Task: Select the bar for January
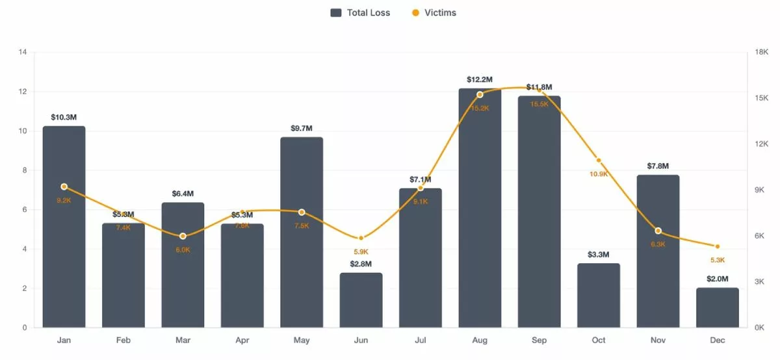(x=64, y=227)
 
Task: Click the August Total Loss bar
(x=480, y=208)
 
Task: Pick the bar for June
(x=361, y=300)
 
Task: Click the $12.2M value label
(x=480, y=80)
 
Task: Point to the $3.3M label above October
(x=599, y=255)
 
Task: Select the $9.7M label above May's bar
(x=302, y=128)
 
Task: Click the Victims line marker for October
(x=599, y=161)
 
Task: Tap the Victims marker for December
(x=717, y=246)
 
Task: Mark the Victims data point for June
(x=361, y=238)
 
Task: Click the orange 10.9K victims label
(x=599, y=174)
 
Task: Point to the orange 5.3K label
(x=717, y=260)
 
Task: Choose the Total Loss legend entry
(x=360, y=13)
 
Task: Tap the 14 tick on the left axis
(x=22, y=52)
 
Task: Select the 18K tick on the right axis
(x=761, y=52)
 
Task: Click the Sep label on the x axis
(x=539, y=341)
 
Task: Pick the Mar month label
(x=183, y=341)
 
